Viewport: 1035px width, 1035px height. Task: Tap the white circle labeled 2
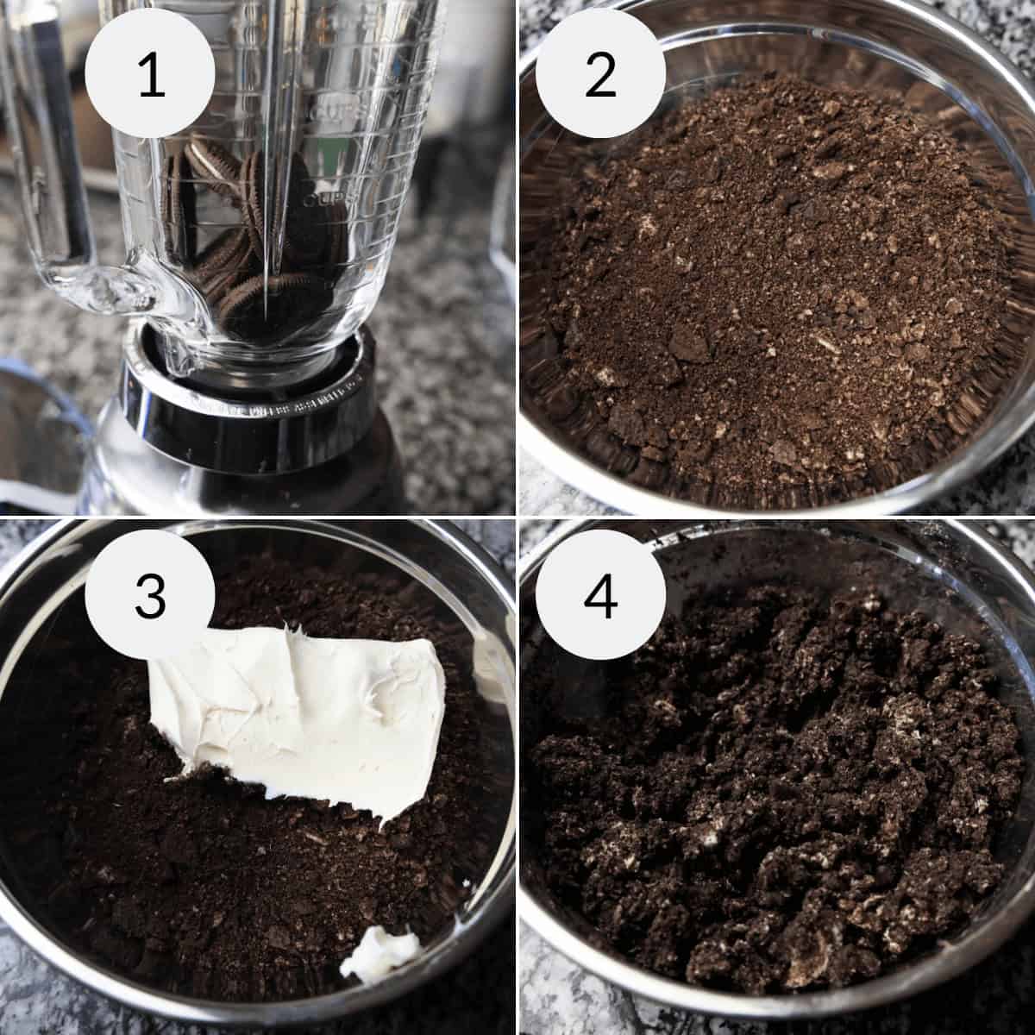click(x=600, y=76)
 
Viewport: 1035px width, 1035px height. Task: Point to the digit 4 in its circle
click(x=600, y=595)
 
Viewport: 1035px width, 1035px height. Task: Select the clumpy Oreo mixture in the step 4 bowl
click(x=776, y=776)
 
